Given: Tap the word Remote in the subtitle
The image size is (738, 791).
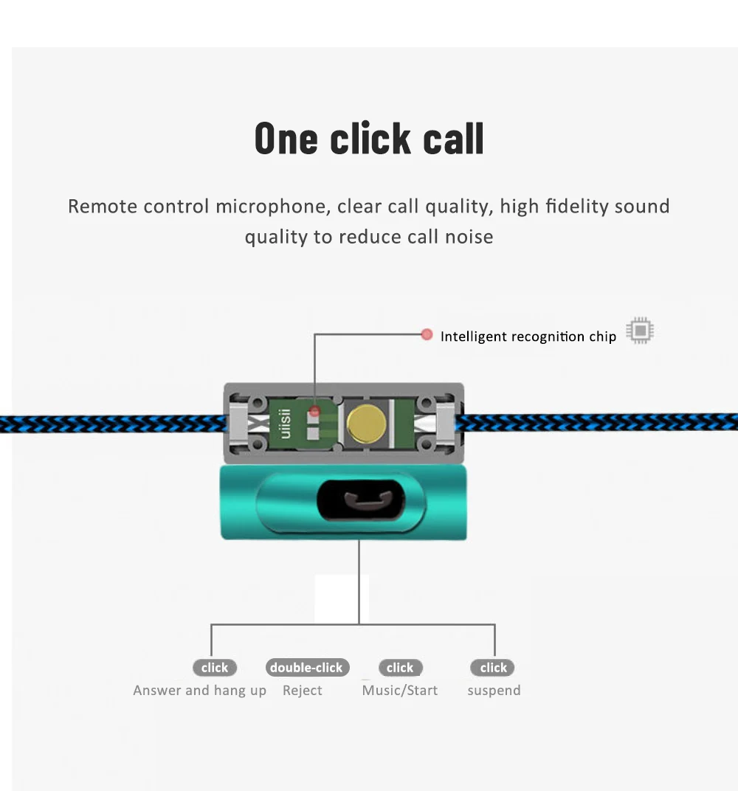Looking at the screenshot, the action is point(103,206).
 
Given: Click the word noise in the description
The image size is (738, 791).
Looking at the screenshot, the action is point(469,237).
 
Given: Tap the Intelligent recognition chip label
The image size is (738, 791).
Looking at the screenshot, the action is point(528,336).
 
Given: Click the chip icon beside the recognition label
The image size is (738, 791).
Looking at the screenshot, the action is point(640,331).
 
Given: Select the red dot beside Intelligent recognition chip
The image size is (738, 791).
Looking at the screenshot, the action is point(427,335).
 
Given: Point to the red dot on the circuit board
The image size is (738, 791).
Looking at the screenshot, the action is point(314,411).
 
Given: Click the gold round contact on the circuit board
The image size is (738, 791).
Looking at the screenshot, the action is point(364,424).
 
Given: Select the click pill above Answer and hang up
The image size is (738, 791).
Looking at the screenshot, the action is point(215,668).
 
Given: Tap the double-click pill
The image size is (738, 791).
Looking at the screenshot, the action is point(306,668).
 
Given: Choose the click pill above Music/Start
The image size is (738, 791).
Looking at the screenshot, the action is point(400,668).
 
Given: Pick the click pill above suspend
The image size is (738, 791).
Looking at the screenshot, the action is point(493,668).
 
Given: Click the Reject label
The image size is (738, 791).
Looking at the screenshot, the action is point(303,691).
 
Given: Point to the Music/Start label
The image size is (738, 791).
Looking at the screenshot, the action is point(400,691).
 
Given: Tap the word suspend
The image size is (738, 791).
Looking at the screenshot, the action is point(494,691).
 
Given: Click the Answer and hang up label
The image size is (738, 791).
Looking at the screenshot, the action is point(199,691).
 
